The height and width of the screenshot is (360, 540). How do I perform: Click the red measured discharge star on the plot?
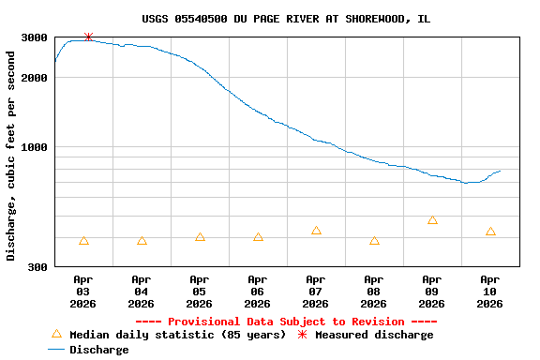pyautogui.click(x=88, y=37)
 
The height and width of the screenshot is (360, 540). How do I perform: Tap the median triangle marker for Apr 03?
pyautogui.click(x=84, y=241)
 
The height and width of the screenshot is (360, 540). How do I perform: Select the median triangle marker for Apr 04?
pyautogui.click(x=142, y=241)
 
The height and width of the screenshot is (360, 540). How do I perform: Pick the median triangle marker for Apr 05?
pyautogui.click(x=200, y=237)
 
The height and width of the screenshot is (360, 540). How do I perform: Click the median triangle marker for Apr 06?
pyautogui.click(x=258, y=237)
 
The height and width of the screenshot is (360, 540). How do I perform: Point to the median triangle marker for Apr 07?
pyautogui.click(x=316, y=231)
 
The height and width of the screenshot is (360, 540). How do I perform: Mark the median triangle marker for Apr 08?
pyautogui.click(x=374, y=241)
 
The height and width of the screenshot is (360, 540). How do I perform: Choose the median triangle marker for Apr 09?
pyautogui.click(x=432, y=220)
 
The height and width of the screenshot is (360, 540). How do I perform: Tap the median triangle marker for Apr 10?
pyautogui.click(x=490, y=232)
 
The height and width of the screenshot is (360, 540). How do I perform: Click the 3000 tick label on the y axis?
pyautogui.click(x=35, y=37)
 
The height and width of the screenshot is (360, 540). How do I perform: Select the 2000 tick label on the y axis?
pyautogui.click(x=35, y=78)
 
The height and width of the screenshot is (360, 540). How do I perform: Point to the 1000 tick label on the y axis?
pyautogui.click(x=35, y=147)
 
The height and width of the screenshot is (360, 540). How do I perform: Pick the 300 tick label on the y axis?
pyautogui.click(x=38, y=267)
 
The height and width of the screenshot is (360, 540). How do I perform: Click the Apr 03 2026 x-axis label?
pyautogui.click(x=83, y=292)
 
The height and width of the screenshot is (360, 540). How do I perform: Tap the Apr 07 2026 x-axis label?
pyautogui.click(x=316, y=292)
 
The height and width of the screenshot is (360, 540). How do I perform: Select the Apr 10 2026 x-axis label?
pyautogui.click(x=490, y=292)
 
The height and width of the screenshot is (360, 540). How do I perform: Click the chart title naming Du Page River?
pyautogui.click(x=286, y=19)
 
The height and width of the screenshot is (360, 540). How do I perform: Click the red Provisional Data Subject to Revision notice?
pyautogui.click(x=286, y=322)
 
